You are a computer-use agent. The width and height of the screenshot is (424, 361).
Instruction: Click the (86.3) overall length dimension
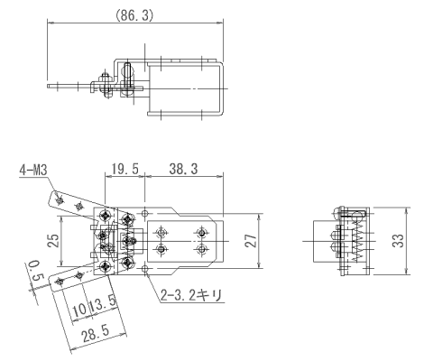click(134, 15)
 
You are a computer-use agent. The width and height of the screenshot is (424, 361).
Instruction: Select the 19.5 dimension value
click(125, 169)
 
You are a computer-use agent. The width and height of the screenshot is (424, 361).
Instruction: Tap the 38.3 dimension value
click(183, 169)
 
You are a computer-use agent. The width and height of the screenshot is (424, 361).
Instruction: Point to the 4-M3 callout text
click(33, 171)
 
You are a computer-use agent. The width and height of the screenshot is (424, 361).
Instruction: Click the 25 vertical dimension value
click(54, 240)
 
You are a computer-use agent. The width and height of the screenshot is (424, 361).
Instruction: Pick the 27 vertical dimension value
click(251, 240)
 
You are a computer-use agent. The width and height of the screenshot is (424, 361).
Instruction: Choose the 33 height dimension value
click(399, 240)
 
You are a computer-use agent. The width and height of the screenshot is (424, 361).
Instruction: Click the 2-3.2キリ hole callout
click(191, 295)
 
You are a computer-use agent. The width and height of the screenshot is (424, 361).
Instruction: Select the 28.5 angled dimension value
click(96, 333)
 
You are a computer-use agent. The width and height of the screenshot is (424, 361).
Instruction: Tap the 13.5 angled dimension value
click(103, 304)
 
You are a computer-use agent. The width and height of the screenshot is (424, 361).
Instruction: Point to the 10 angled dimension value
click(79, 310)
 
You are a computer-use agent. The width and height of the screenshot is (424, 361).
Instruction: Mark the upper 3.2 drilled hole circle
click(145, 214)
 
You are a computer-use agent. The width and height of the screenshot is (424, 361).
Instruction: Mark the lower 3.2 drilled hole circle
click(145, 269)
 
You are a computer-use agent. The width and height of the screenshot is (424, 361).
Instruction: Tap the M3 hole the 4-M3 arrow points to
click(60, 200)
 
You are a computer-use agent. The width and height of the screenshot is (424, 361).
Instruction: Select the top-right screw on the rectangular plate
click(201, 233)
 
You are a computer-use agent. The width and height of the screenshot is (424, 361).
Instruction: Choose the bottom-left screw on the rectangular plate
click(161, 249)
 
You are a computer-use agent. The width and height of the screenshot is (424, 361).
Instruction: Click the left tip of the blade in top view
click(48, 86)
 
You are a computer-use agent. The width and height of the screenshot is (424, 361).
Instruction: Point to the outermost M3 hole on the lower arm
click(59, 282)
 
